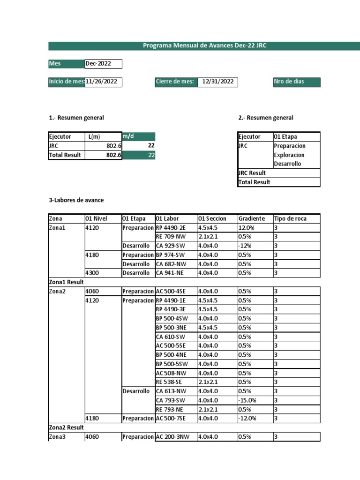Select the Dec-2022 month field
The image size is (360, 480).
click(x=103, y=64)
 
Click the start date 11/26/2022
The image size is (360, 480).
click(x=103, y=82)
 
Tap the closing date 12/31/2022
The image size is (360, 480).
click(x=217, y=82)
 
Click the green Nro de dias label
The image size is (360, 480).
click(x=296, y=82)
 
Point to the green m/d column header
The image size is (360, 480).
click(x=138, y=136)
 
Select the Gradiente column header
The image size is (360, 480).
click(x=252, y=218)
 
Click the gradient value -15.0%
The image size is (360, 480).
click(x=248, y=400)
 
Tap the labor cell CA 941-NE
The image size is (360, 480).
click(x=172, y=273)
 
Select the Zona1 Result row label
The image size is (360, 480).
click(x=67, y=282)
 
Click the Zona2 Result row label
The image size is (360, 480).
click(x=67, y=427)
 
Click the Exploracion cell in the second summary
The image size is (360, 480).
click(x=290, y=155)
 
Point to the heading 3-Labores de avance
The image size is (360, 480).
click(x=76, y=200)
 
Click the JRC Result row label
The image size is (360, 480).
click(x=252, y=173)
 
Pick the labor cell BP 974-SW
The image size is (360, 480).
click(x=172, y=255)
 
